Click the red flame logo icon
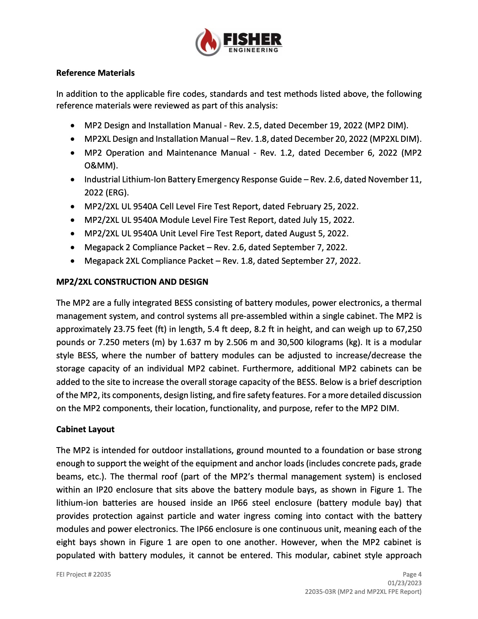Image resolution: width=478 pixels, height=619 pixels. [x=207, y=42]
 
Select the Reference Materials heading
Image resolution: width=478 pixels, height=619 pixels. [x=95, y=73]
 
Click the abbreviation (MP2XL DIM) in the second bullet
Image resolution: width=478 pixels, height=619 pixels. [x=395, y=139]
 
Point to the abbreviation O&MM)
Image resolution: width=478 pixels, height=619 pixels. [x=101, y=165]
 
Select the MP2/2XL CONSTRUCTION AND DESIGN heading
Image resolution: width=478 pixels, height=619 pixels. [x=132, y=282]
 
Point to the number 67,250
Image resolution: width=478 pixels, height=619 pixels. [x=408, y=329]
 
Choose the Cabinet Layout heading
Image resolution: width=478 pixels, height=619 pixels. [x=85, y=429]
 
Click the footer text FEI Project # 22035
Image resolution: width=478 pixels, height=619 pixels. [x=84, y=574]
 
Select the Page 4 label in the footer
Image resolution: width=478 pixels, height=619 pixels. [x=412, y=574]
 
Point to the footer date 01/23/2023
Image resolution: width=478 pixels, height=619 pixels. [x=405, y=583]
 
